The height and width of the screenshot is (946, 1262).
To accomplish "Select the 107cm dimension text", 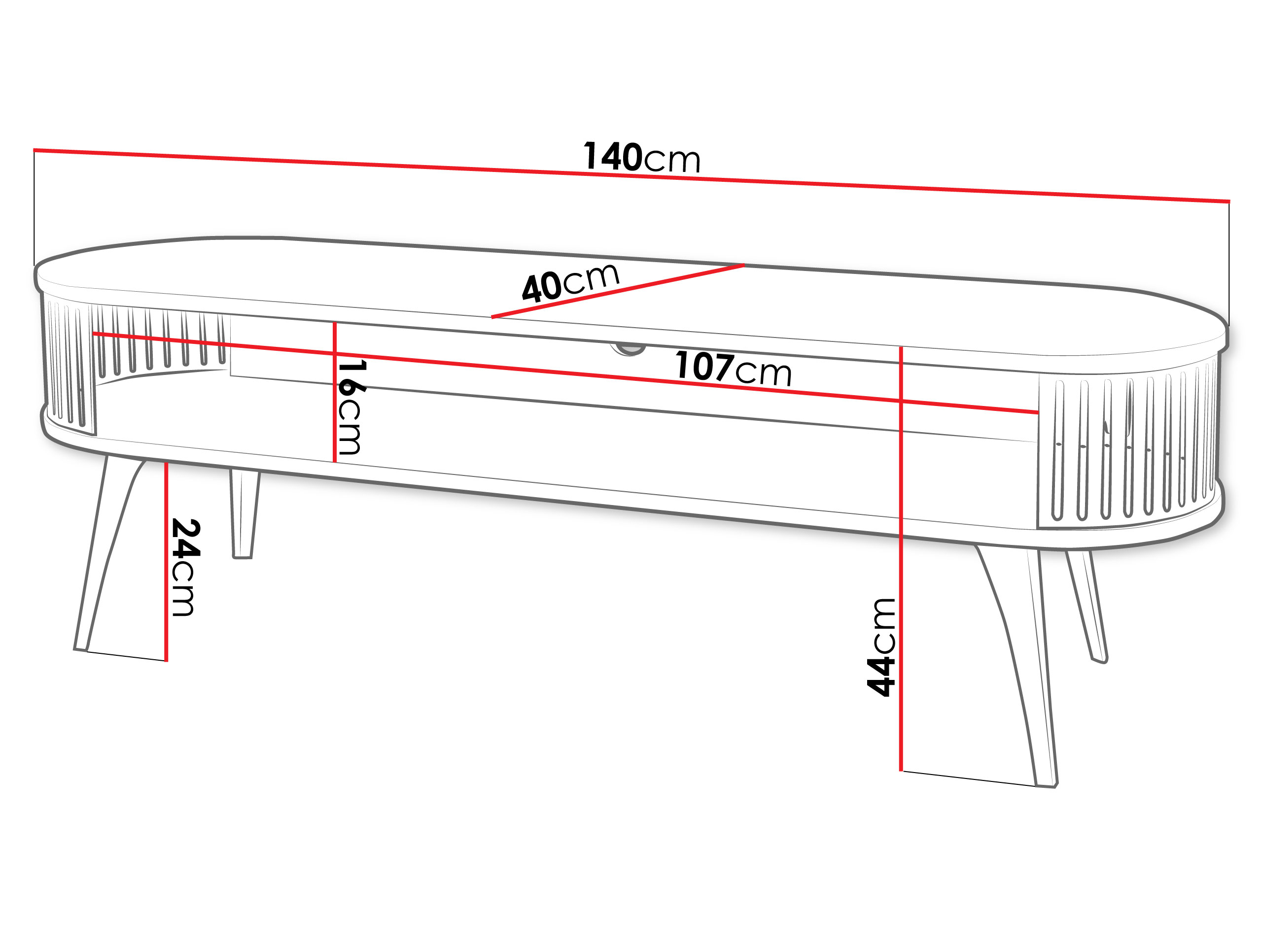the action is [734, 369].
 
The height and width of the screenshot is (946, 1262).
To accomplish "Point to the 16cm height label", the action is [349, 407].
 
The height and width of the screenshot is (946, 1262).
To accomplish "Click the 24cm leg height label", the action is [185, 568].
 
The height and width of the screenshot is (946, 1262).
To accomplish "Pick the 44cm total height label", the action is [881, 647].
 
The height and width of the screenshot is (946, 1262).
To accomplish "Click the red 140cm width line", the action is [631, 175].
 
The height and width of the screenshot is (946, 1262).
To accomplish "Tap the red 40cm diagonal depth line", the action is [618, 291].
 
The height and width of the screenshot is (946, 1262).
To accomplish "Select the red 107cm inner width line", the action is [565, 372].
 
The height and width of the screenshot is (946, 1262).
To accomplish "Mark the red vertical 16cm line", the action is [335, 392].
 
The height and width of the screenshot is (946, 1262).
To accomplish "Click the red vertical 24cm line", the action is [166, 562].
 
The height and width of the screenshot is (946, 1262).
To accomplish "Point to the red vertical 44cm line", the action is [901, 559].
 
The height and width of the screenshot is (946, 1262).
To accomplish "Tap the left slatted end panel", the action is [69, 365].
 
